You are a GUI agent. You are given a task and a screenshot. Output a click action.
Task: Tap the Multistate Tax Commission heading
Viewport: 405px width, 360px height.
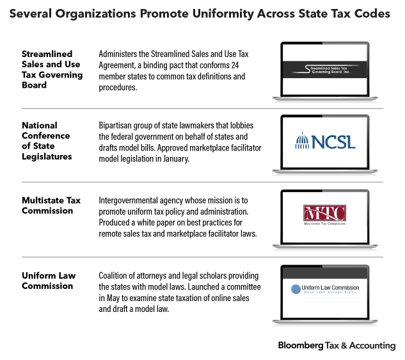[51, 205]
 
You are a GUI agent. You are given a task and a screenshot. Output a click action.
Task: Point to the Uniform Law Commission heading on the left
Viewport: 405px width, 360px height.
[49, 281]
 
